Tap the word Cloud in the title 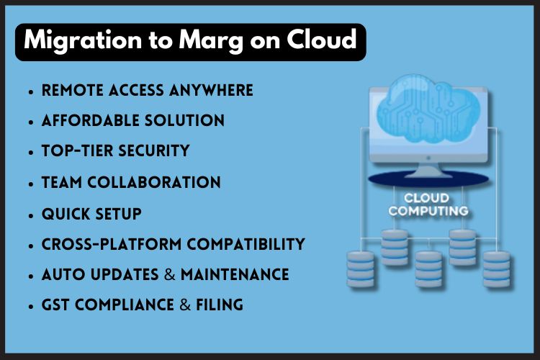[324, 42]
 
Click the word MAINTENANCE [235, 275]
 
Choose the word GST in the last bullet [55, 305]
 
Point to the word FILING [220, 305]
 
